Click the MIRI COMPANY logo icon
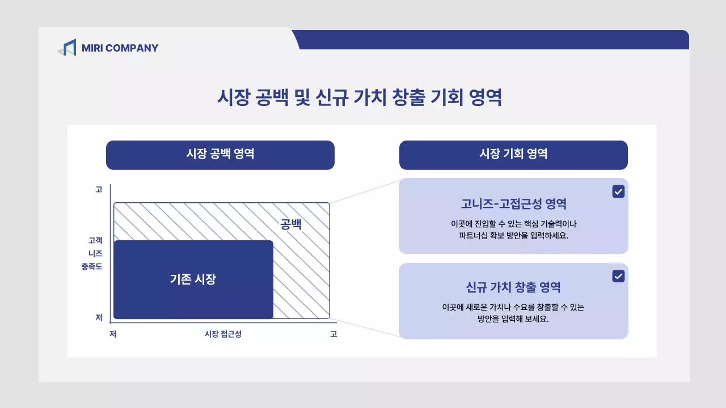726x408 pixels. pos(67,48)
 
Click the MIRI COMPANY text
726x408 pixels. pos(120,48)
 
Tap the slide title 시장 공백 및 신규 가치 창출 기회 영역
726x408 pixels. pos(360,97)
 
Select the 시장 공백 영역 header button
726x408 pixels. pos(220,154)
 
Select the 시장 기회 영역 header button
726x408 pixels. pos(513,154)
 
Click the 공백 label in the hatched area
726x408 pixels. pos(291,224)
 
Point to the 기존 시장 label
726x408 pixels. pos(193,279)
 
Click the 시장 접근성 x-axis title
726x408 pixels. pos(223,334)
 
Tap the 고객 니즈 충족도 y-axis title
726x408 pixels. pos(92,253)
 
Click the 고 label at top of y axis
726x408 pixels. pos(99,190)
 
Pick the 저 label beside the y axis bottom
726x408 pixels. pos(99,318)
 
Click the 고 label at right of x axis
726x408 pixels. pos(334,334)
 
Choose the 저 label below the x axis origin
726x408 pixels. pos(113,334)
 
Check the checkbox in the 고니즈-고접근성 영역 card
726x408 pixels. pos(618,192)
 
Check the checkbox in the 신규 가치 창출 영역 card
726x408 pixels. pos(618,276)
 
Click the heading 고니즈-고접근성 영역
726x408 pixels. pos(513,204)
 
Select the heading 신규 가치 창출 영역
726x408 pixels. pos(513,287)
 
